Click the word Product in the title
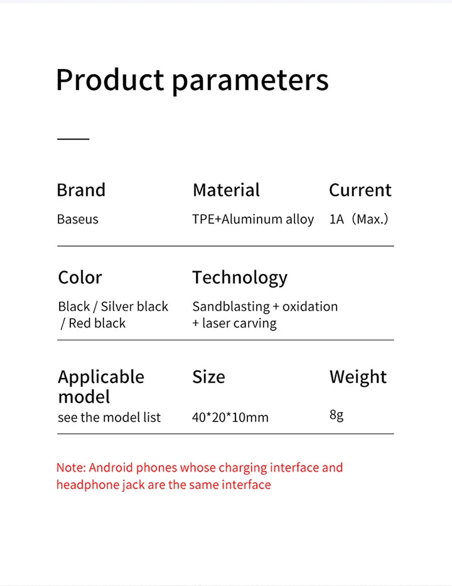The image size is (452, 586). pyautogui.click(x=110, y=80)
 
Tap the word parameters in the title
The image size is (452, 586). pyautogui.click(x=250, y=82)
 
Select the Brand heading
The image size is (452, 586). pyautogui.click(x=81, y=190)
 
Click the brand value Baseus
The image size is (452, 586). pyautogui.click(x=78, y=219)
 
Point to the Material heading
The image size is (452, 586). pyautogui.click(x=226, y=190)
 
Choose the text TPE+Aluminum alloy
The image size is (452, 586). pyautogui.click(x=253, y=219)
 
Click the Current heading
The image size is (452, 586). pyautogui.click(x=360, y=190)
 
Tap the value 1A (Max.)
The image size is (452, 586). pyautogui.click(x=358, y=219)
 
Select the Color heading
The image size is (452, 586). pyautogui.click(x=80, y=278)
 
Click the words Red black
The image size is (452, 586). pyautogui.click(x=97, y=323)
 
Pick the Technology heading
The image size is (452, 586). pyautogui.click(x=240, y=278)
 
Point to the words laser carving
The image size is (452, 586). pyautogui.click(x=239, y=323)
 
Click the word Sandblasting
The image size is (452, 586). pyautogui.click(x=231, y=307)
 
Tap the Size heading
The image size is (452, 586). pyautogui.click(x=209, y=377)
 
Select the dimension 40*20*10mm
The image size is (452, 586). pyautogui.click(x=230, y=417)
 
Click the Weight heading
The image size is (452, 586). pyautogui.click(x=358, y=377)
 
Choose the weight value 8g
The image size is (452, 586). pyautogui.click(x=336, y=415)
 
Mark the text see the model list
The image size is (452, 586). pyautogui.click(x=109, y=417)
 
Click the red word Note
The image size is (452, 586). pyautogui.click(x=70, y=467)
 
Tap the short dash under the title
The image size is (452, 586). pyautogui.click(x=73, y=139)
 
